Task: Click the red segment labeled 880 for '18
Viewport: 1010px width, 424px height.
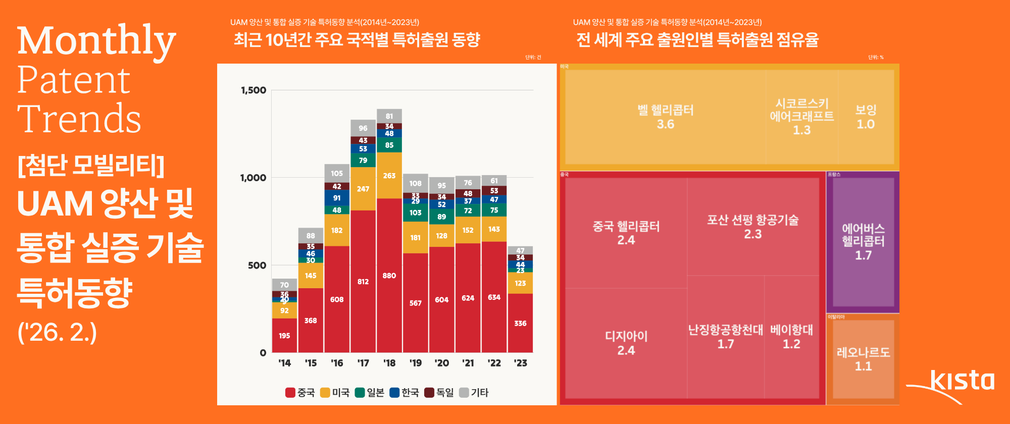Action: tap(389, 276)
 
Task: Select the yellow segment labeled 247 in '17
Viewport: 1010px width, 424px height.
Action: tap(363, 189)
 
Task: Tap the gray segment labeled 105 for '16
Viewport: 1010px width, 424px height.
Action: tap(337, 173)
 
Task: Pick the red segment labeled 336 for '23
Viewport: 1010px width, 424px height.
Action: tap(520, 323)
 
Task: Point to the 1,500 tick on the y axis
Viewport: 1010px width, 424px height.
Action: tap(254, 90)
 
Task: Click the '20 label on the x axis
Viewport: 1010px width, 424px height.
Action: tap(442, 363)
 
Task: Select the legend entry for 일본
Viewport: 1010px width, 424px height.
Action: tap(370, 393)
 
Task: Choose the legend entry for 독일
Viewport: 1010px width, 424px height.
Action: tap(439, 393)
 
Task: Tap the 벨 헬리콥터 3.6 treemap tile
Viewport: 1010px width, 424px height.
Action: tap(665, 117)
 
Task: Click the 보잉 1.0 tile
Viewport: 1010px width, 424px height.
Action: tap(866, 117)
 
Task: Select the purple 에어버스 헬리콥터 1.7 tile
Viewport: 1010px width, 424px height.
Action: tap(863, 241)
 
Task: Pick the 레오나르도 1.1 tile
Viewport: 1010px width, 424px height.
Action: tap(863, 359)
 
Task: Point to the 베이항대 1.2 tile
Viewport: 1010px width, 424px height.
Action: tap(791, 337)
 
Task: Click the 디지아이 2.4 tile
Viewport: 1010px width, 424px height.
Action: tap(626, 343)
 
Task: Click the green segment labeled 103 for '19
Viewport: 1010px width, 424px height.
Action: tap(416, 213)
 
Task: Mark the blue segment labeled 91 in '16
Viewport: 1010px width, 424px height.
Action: tap(337, 198)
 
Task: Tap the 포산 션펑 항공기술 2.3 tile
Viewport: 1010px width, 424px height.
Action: tap(752, 227)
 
